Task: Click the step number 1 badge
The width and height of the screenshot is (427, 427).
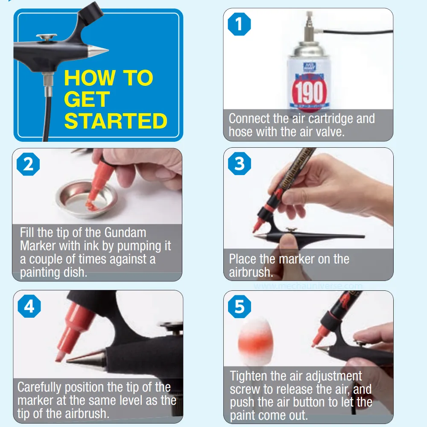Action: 239,24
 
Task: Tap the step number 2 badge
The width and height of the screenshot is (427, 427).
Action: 28,164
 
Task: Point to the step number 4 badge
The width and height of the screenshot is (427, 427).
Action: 29,307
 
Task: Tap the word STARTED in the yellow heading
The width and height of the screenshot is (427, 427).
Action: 115,121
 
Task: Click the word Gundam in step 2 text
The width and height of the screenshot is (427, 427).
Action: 125,233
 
